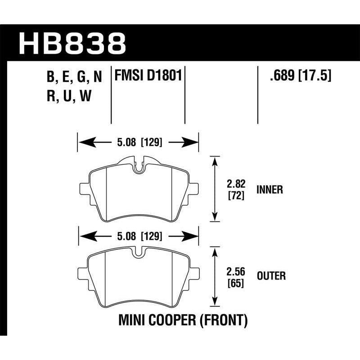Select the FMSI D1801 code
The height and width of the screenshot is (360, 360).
[148, 75]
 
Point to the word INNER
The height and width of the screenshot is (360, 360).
[270, 189]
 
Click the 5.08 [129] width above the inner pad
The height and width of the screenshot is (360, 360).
[138, 144]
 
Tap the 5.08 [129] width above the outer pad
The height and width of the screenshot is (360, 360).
[138, 235]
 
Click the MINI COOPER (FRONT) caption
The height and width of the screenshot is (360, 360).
[183, 320]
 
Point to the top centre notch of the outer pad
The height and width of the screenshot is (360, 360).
[139, 253]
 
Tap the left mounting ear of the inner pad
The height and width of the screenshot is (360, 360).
[84, 188]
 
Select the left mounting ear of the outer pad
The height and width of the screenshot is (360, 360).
[84, 274]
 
